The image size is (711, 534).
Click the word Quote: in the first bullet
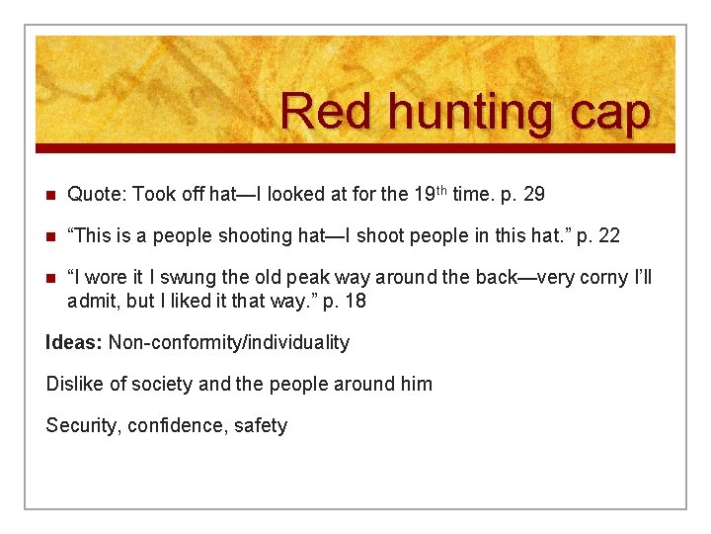[x=97, y=195]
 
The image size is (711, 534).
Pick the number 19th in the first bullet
[x=426, y=193]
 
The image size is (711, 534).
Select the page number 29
[x=533, y=195]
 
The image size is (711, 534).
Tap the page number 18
[x=355, y=301]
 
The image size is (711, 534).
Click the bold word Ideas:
[x=74, y=342]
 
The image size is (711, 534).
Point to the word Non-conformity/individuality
[x=229, y=342]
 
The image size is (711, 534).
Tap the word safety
[x=261, y=426]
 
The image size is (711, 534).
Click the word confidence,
[x=178, y=426]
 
